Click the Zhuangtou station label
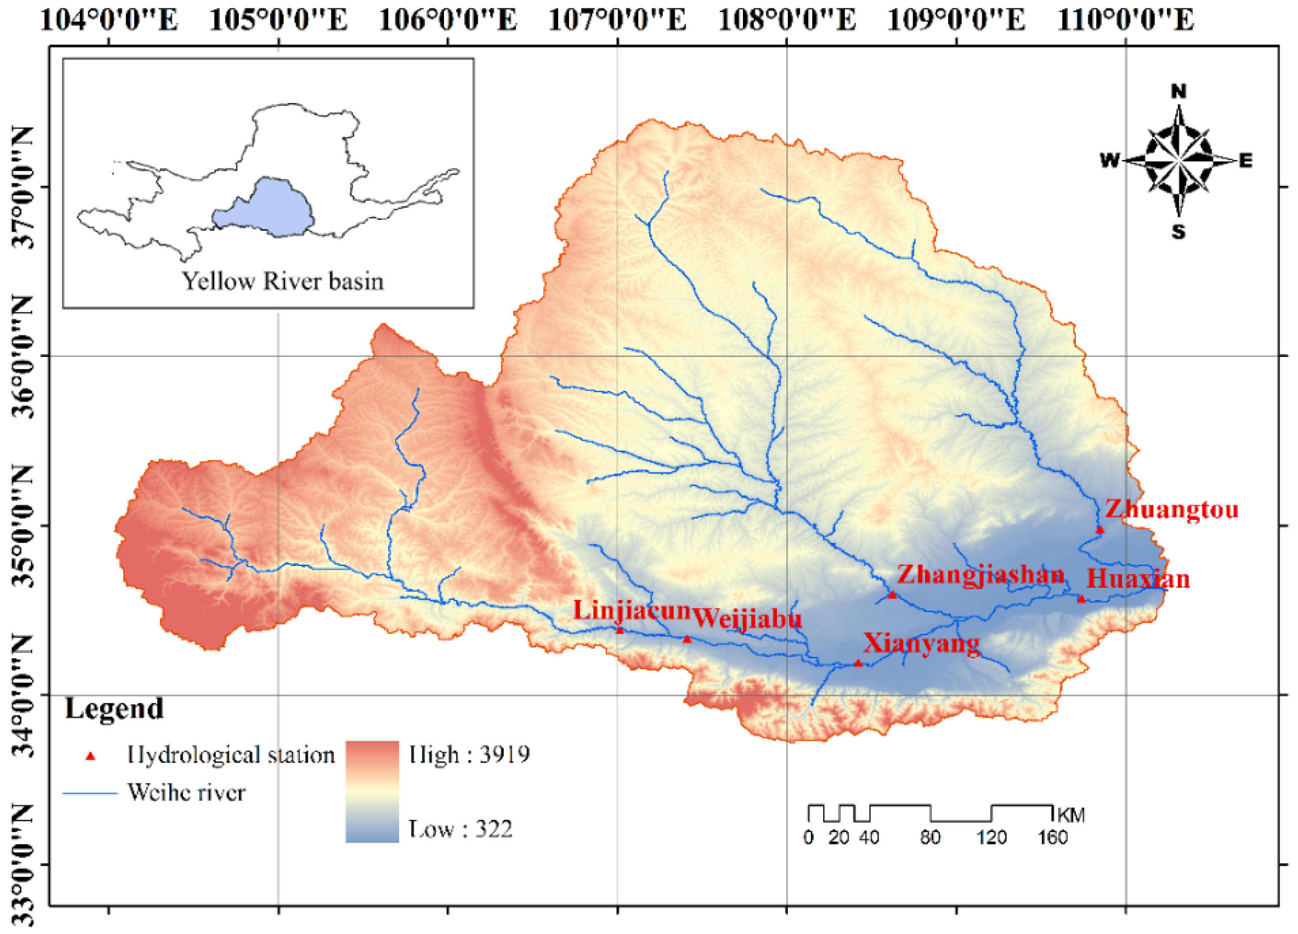[1171, 509]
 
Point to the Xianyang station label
[921, 643]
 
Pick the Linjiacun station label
[632, 610]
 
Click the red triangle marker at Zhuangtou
[1100, 529]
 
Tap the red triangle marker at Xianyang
[858, 663]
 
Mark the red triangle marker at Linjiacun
[620, 630]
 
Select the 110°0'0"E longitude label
[1125, 20]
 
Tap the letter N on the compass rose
[1178, 92]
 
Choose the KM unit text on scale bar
[1071, 815]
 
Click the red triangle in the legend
[90, 757]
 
